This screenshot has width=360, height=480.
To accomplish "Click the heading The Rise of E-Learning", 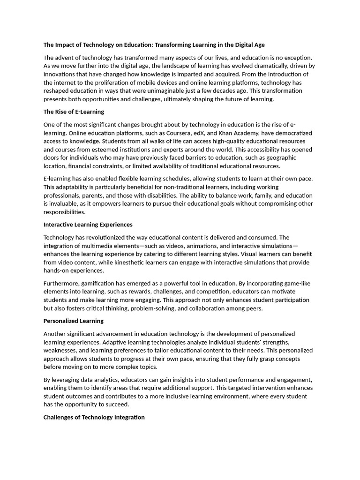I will (x=74, y=112).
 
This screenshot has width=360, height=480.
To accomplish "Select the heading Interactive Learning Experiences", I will (x=88, y=225).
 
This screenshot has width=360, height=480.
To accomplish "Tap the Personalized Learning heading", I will (x=73, y=321).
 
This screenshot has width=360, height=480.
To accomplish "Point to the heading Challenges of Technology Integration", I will (x=94, y=417).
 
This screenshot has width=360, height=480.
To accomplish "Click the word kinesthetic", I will (x=151, y=262).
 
